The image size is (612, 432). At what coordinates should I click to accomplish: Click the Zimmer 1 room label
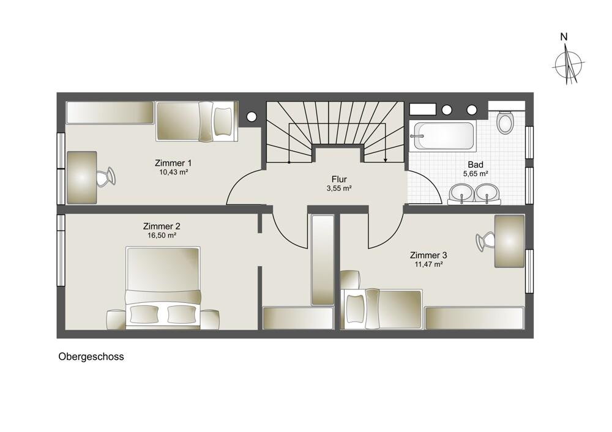coord(173,163)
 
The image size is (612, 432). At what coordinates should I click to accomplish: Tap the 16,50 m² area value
coord(162,236)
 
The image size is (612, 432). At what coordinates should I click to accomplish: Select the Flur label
coord(339,179)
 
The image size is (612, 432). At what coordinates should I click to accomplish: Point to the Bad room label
coord(476,165)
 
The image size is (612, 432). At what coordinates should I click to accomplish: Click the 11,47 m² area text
coord(428,264)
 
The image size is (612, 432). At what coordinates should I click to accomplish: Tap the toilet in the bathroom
coord(505,122)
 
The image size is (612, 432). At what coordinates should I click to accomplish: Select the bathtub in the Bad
coord(442,136)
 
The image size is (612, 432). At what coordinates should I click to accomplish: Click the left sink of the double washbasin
coord(461,193)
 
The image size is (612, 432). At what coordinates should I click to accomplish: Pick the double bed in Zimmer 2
coord(163,288)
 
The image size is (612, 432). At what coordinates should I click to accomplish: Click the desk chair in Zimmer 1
coord(106,177)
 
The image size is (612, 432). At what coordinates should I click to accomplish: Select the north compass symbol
coord(568,63)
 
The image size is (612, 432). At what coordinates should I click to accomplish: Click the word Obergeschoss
coord(91,357)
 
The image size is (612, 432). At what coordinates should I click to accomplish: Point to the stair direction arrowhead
coord(385,160)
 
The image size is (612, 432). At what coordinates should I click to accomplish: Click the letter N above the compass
coord(564,37)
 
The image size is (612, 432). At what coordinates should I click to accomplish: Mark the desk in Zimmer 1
coord(82,177)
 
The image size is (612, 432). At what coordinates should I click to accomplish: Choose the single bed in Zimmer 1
coord(197,121)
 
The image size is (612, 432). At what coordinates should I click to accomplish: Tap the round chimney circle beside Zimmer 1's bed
coord(252,116)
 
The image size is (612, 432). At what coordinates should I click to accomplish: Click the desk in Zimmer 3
coord(509,241)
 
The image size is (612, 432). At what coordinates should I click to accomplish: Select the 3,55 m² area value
coord(339,188)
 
